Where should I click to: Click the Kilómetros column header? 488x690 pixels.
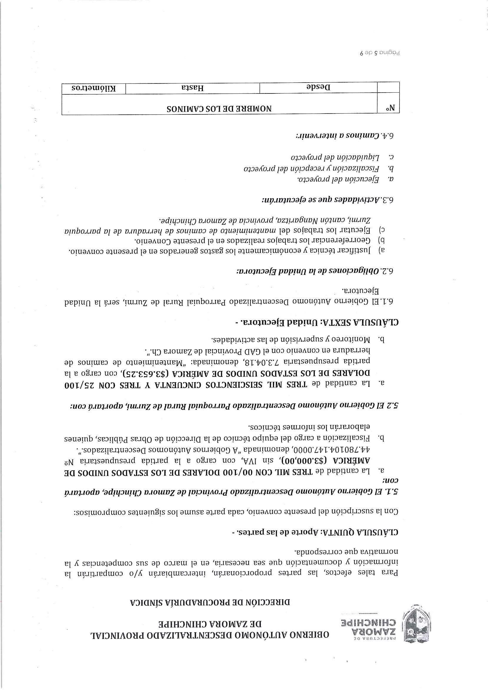coord(94,88)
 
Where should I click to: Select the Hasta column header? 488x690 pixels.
coord(192,88)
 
